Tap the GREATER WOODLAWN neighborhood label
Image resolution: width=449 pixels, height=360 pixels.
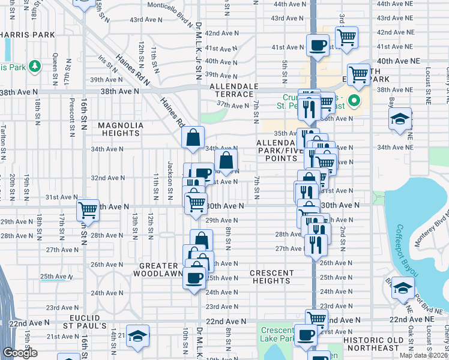[x=158, y=269]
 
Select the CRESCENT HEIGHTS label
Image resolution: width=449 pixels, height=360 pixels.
[x=271, y=277]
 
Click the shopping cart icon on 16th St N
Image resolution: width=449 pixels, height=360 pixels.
[x=88, y=210]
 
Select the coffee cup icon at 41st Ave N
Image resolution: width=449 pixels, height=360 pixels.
[x=317, y=44]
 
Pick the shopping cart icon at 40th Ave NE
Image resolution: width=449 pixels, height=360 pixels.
[x=358, y=75]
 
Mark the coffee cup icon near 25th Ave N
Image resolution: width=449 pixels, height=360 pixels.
[x=194, y=278]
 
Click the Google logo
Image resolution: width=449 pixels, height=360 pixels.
[x=20, y=352]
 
